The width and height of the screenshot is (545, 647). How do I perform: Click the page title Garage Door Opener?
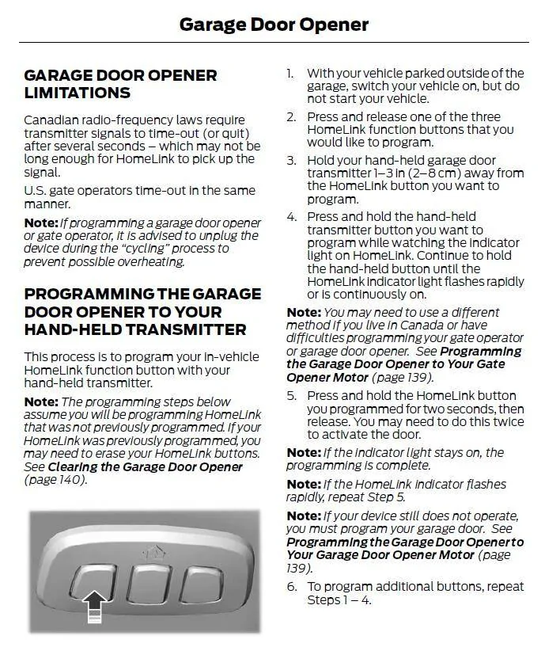click(274, 24)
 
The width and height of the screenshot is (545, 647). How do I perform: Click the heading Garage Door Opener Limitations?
click(120, 84)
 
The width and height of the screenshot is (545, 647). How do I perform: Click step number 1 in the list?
click(290, 74)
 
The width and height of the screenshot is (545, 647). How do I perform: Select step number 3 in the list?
click(291, 161)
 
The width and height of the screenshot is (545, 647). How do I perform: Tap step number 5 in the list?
click(291, 396)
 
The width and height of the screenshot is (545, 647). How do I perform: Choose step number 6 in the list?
click(291, 587)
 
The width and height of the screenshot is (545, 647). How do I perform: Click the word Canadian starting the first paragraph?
click(52, 120)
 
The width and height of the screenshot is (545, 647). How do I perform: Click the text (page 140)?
click(55, 480)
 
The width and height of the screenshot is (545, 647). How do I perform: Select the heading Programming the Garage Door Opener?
click(142, 311)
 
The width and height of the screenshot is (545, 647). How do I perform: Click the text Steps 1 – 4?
click(339, 599)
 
